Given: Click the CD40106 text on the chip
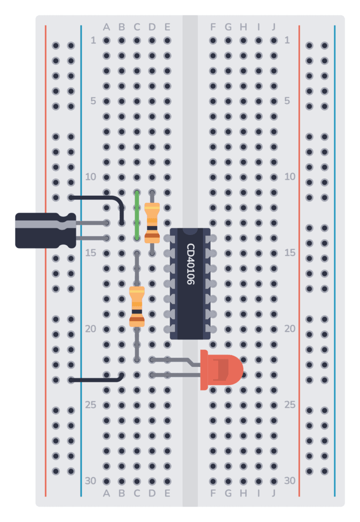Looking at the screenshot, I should [x=190, y=264].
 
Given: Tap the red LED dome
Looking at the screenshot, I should [x=227, y=370].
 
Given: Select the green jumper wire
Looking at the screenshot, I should [x=137, y=215].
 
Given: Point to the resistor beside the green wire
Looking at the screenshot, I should [x=152, y=223].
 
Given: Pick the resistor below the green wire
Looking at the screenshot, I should [x=137, y=306].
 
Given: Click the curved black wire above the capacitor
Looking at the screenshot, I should [x=102, y=199].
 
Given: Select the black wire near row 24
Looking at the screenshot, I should [x=97, y=380].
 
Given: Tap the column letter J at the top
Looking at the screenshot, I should [x=274, y=27].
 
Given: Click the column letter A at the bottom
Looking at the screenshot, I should [x=107, y=493].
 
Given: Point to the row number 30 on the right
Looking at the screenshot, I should [x=289, y=481].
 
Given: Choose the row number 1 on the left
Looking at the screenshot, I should [x=93, y=40].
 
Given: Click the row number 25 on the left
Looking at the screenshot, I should [x=90, y=405].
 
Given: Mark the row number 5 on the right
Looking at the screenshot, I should [x=288, y=101].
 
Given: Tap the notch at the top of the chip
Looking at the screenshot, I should [x=190, y=231].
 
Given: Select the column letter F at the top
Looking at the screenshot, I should [x=213, y=27].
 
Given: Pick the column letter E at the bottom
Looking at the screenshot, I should [x=167, y=493].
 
